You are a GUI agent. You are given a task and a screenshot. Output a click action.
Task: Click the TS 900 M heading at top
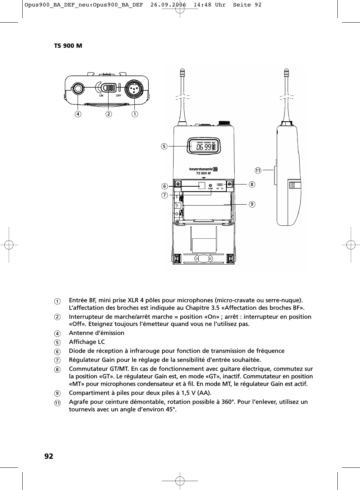[x=68, y=46]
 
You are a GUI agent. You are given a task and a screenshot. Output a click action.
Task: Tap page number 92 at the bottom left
[x=49, y=456]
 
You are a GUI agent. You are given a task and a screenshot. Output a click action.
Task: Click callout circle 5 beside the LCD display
[x=164, y=146]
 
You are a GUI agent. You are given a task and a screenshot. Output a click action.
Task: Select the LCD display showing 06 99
[x=204, y=146]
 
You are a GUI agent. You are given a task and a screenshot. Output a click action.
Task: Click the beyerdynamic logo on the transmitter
[x=203, y=169]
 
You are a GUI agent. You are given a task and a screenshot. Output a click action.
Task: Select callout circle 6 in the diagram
[x=164, y=186]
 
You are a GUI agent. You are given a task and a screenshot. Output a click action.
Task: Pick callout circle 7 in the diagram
[x=164, y=195]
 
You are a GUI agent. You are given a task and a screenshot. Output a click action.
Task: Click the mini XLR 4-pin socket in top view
[x=134, y=88]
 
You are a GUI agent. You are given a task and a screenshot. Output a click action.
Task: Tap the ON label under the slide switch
[x=101, y=95]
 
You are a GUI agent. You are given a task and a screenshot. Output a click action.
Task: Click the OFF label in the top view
[x=118, y=95]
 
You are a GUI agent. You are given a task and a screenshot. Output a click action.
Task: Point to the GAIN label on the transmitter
[x=210, y=188]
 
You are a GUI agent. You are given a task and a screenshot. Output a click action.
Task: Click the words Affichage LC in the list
[x=87, y=342]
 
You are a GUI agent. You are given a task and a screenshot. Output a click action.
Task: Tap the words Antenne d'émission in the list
[x=96, y=333]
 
